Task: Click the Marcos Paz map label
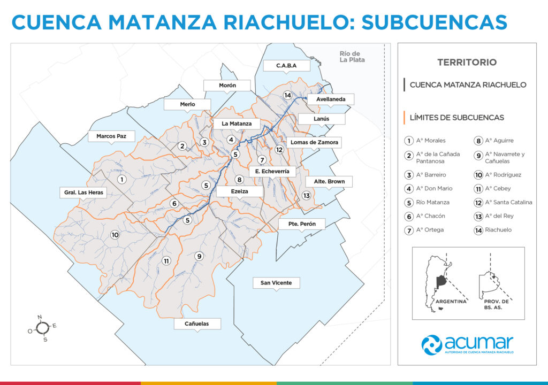tap(111, 136)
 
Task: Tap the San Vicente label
tap(276, 282)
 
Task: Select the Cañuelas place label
tap(196, 324)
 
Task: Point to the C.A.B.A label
tap(286, 66)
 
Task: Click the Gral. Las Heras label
tap(81, 192)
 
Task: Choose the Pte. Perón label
tap(301, 224)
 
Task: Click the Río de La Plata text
tap(352, 57)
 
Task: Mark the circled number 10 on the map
tap(115, 235)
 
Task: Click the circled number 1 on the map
tap(122, 180)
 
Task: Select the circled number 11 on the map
tap(166, 261)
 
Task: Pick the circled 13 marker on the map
tap(306, 196)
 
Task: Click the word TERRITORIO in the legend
tap(467, 62)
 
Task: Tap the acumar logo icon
tap(432, 344)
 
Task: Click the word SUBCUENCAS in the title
tap(434, 22)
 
